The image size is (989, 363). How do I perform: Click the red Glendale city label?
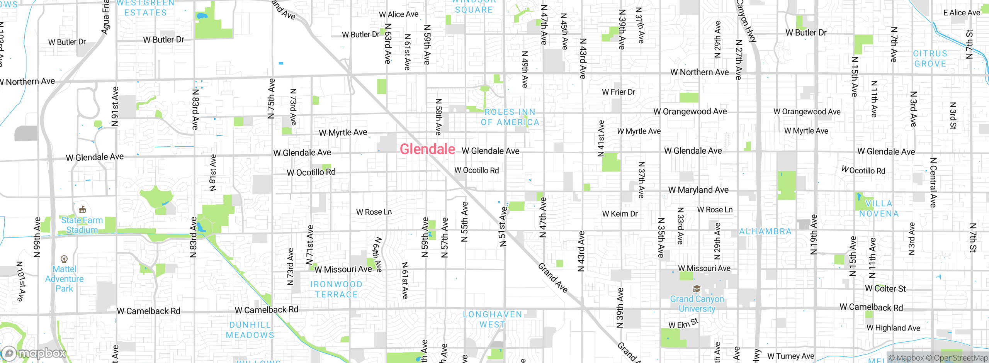427,149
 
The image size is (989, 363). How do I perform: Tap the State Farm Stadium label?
82,225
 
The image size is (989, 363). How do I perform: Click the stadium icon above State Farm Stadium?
82,210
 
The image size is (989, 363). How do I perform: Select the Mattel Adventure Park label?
64,279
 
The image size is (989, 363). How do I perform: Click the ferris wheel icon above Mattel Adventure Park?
64,259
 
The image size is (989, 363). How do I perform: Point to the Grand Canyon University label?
697,304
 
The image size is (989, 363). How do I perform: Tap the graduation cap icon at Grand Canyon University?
697,289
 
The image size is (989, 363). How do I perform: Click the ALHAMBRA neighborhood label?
765,231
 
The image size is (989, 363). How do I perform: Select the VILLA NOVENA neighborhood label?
879,209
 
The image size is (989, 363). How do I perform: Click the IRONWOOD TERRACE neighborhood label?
336,289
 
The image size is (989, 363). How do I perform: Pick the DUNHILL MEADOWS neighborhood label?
250,330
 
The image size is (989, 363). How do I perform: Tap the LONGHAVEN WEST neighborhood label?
492,319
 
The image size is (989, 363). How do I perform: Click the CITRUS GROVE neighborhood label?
930,59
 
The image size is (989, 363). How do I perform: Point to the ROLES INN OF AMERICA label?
510,117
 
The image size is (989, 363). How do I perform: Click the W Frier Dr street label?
619,92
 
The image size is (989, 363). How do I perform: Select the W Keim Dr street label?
620,214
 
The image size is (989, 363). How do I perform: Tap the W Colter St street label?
885,288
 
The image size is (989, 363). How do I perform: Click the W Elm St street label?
683,324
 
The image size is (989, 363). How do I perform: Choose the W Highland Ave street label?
893,328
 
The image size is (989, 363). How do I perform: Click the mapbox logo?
34,353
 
